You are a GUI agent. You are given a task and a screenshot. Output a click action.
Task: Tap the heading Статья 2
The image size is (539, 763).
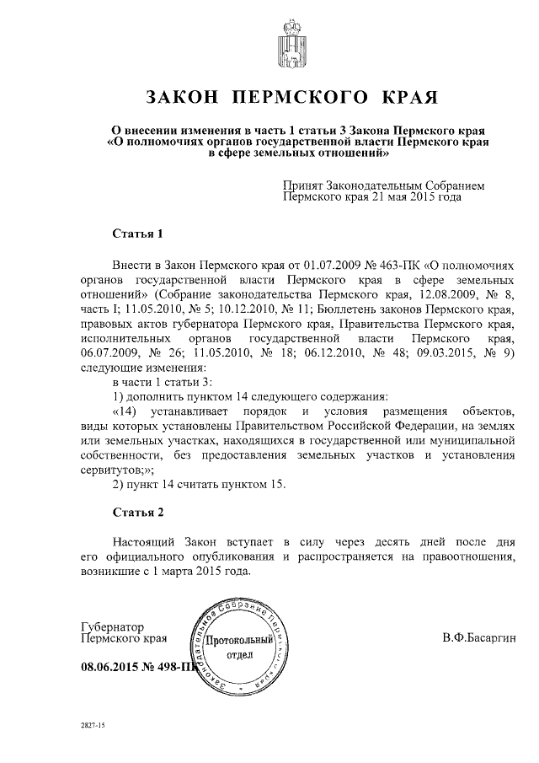[x=136, y=512]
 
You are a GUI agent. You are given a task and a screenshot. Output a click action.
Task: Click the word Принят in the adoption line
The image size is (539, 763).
[x=302, y=183]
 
